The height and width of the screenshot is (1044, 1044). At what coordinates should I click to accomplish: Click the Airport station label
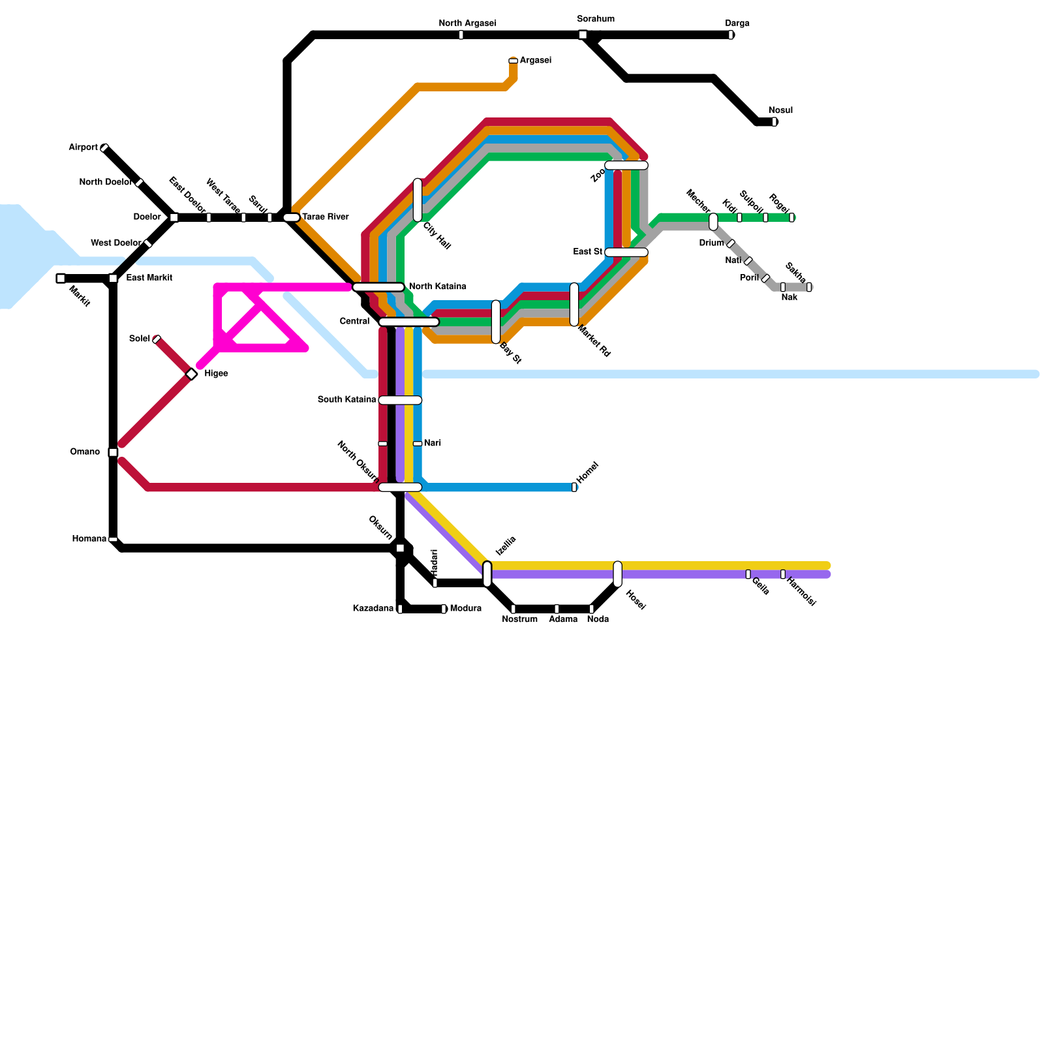click(83, 147)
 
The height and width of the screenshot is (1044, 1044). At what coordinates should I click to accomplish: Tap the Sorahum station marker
click(583, 35)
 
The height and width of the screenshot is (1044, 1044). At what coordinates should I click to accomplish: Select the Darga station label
click(737, 23)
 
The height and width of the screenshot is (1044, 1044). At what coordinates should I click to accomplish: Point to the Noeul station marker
click(775, 122)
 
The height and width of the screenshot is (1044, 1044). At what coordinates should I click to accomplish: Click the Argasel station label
click(536, 61)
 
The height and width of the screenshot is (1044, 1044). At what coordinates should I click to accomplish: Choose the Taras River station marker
click(291, 217)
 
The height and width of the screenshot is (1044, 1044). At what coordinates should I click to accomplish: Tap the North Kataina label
click(437, 286)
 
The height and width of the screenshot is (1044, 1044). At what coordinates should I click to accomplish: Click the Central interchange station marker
click(409, 322)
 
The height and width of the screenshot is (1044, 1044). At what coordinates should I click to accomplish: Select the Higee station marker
click(191, 374)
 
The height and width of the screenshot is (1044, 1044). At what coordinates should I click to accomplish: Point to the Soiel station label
click(140, 339)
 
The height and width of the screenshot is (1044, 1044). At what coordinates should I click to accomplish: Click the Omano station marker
click(113, 452)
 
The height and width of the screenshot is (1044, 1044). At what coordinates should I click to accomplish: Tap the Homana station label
click(89, 539)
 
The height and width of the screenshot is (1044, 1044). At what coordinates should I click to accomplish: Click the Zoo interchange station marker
click(626, 165)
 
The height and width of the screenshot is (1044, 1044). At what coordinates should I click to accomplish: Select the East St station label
click(587, 252)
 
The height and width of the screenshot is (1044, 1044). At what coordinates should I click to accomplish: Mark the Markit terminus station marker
click(61, 279)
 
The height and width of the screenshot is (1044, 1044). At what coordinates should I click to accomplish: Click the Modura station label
click(466, 609)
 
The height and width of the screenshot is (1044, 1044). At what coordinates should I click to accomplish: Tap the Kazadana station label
click(373, 609)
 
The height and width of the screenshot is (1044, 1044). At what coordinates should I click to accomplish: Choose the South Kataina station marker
click(400, 400)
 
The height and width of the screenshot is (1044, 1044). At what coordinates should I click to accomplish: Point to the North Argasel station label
click(467, 23)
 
